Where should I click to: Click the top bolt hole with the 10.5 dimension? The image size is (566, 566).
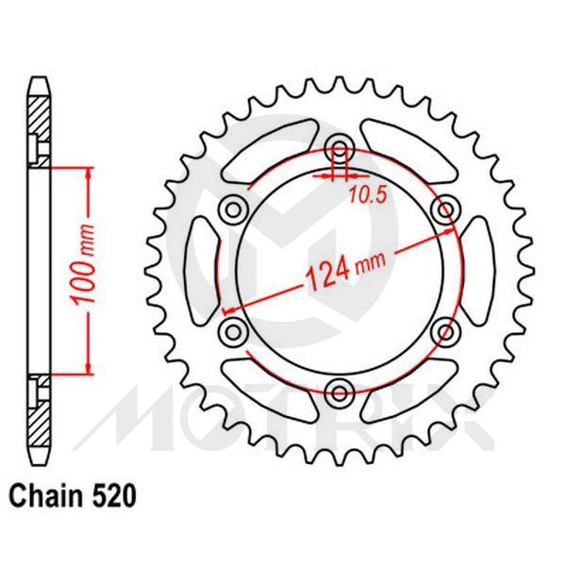[339, 147]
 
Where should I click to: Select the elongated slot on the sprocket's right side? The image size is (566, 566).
[475, 269]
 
